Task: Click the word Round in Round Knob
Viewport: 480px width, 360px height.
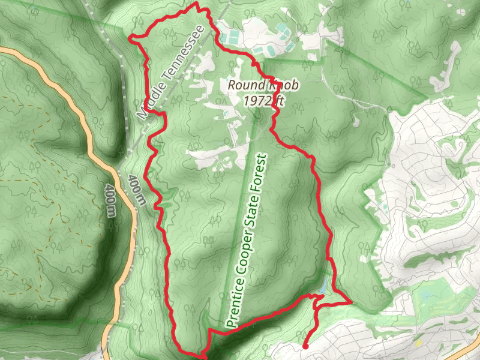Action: pyautogui.click(x=241, y=85)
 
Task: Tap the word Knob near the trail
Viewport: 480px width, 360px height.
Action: pyautogui.click(x=277, y=85)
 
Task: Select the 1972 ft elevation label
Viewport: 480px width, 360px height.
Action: pyautogui.click(x=263, y=100)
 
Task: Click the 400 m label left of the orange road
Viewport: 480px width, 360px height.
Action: pyautogui.click(x=110, y=200)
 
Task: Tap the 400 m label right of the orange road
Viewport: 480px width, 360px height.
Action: pyautogui.click(x=136, y=190)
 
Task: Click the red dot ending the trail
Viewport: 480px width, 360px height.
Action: pyautogui.click(x=305, y=346)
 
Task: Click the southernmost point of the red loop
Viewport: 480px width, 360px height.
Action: pyautogui.click(x=204, y=356)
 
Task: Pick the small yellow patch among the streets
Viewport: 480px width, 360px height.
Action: pyautogui.click(x=418, y=344)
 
